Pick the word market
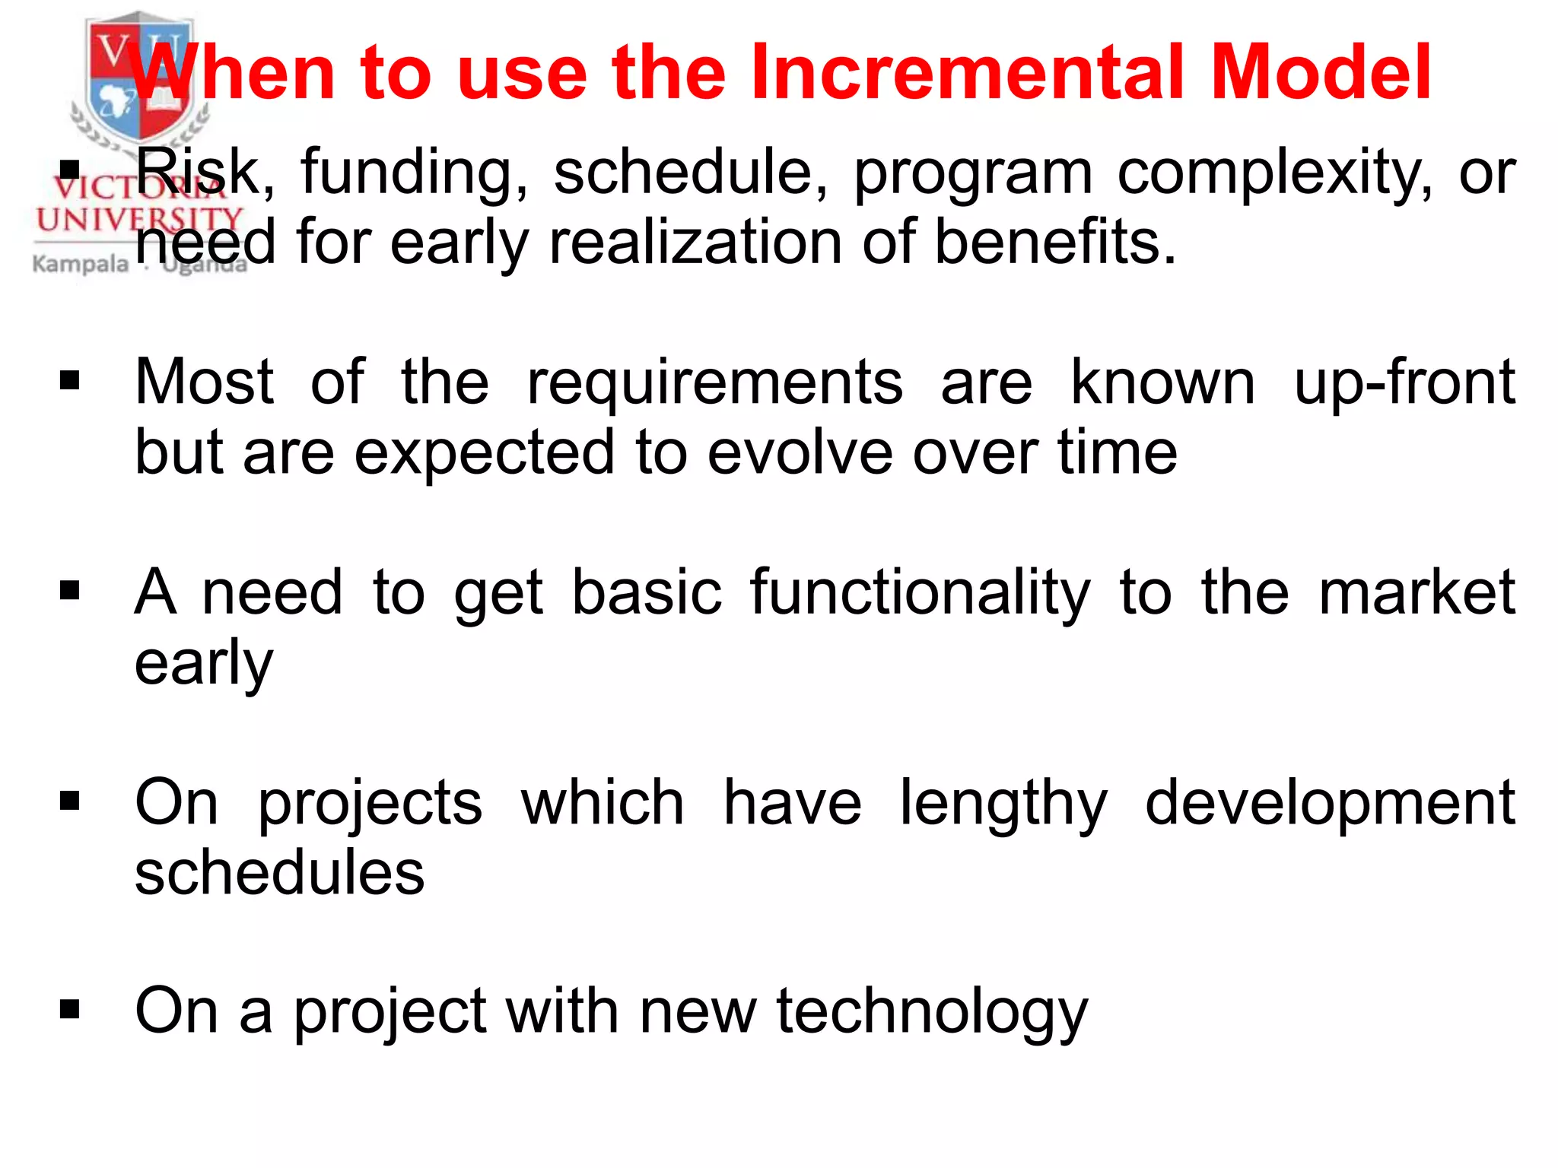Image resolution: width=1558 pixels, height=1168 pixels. tap(1417, 593)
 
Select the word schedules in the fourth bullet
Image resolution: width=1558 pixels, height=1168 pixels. tap(279, 873)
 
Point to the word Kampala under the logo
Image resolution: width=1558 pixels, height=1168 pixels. tap(81, 265)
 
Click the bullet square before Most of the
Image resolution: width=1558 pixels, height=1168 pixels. tap(69, 380)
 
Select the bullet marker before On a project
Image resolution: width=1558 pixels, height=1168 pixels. tap(69, 1010)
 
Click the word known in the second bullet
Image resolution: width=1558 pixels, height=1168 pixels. tap(1162, 383)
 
